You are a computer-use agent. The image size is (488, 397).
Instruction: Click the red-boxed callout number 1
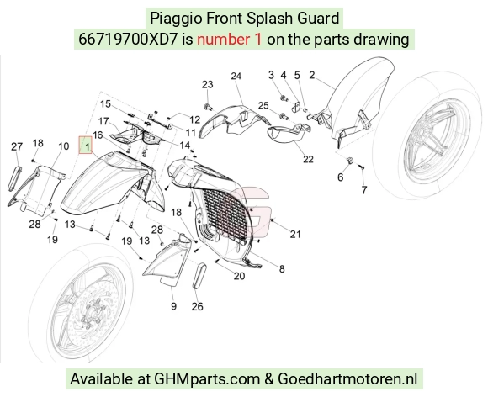point(88,146)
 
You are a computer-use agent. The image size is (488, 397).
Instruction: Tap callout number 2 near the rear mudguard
point(312,75)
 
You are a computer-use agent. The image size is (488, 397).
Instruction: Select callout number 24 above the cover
point(236,76)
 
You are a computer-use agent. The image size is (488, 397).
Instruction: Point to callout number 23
point(208,84)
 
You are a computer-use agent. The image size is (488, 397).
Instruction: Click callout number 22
point(308,159)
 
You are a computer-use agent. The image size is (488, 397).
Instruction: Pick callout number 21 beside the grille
point(295,234)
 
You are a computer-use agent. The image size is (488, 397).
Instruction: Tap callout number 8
point(282,269)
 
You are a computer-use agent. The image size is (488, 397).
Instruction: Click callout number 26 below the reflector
point(198,307)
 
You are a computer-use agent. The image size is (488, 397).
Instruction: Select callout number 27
point(17,146)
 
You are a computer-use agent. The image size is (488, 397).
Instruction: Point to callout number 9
point(173,306)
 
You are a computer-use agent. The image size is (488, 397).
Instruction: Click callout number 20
point(239,276)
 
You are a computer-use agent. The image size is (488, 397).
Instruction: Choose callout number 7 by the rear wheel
point(364,190)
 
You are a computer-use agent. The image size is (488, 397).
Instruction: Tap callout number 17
point(103,121)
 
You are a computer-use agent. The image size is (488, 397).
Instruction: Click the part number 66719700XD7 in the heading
point(128,40)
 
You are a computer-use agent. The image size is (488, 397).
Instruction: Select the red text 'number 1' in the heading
point(230,40)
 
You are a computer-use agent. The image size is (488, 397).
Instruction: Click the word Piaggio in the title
point(177,18)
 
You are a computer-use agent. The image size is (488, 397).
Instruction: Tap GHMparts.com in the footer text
point(207,379)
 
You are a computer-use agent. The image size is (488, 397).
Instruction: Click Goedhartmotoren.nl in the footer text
point(347,379)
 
